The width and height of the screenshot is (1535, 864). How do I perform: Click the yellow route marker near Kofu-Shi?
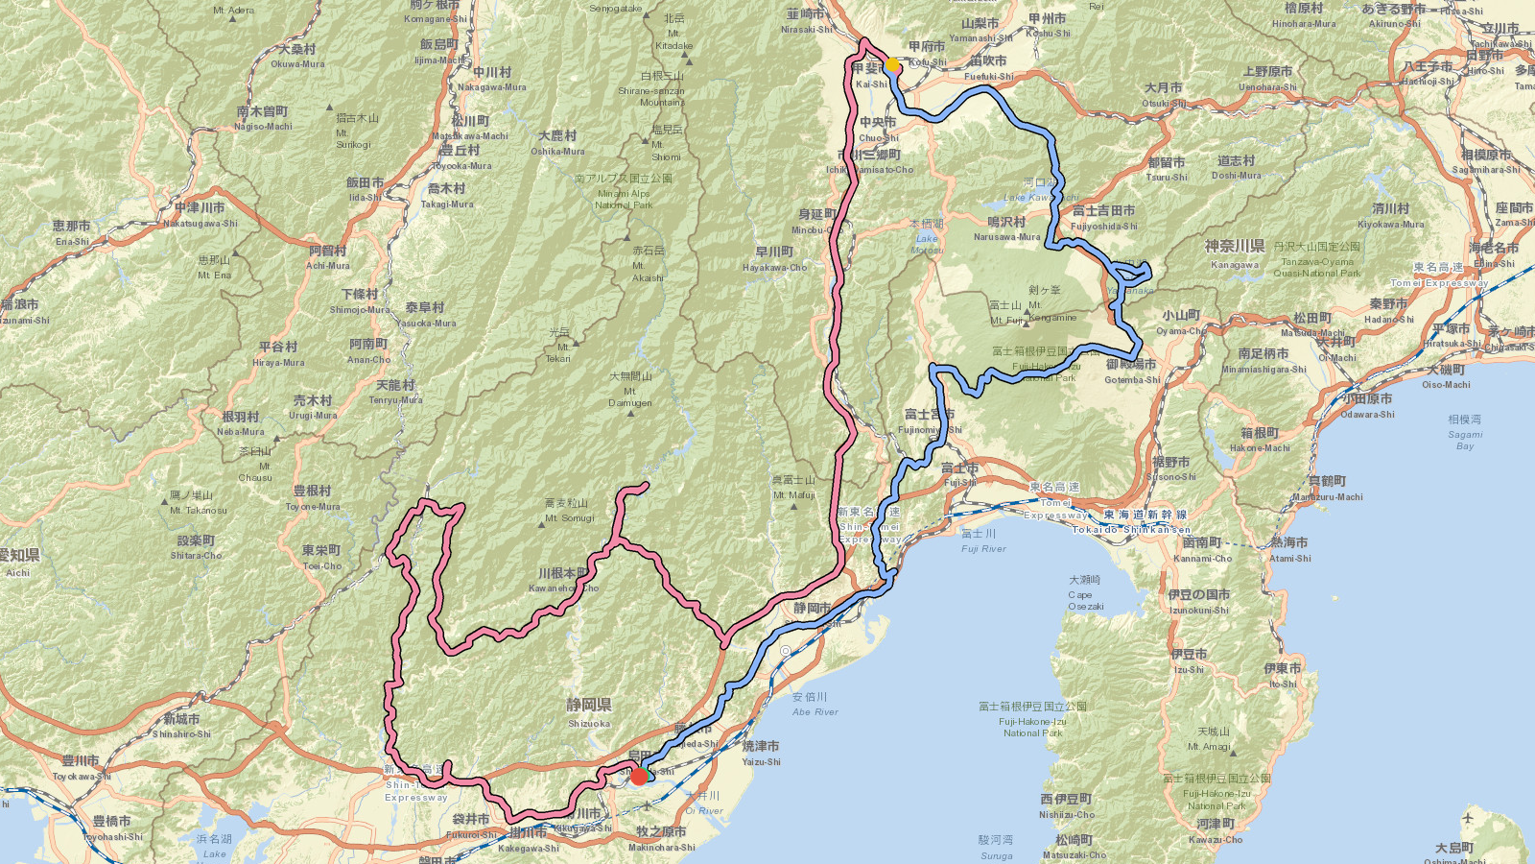point(892,65)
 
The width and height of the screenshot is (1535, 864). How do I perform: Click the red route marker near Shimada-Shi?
point(639,776)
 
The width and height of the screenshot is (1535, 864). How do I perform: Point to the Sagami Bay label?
point(1465,433)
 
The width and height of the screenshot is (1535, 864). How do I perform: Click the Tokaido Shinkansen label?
point(1131,529)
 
